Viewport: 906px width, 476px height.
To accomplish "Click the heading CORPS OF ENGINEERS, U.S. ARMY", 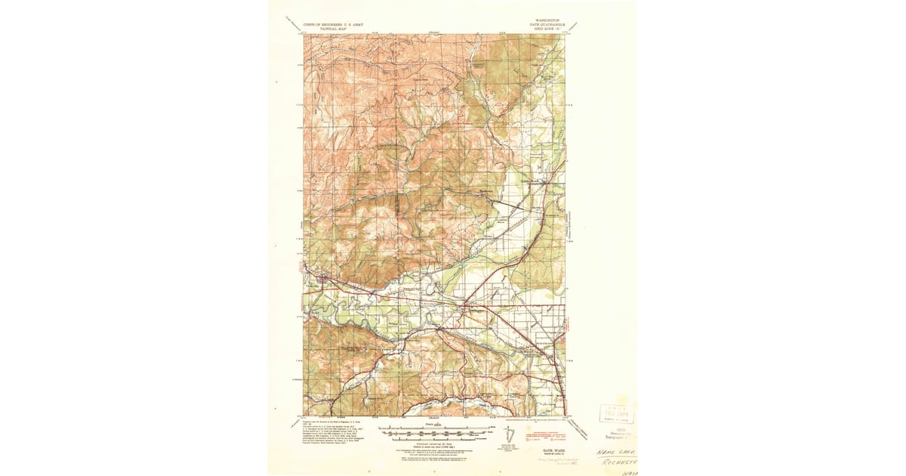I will click(331, 23).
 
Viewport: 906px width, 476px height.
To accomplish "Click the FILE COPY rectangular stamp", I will click(616, 413).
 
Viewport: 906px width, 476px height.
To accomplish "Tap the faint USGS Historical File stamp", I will click(615, 434).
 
